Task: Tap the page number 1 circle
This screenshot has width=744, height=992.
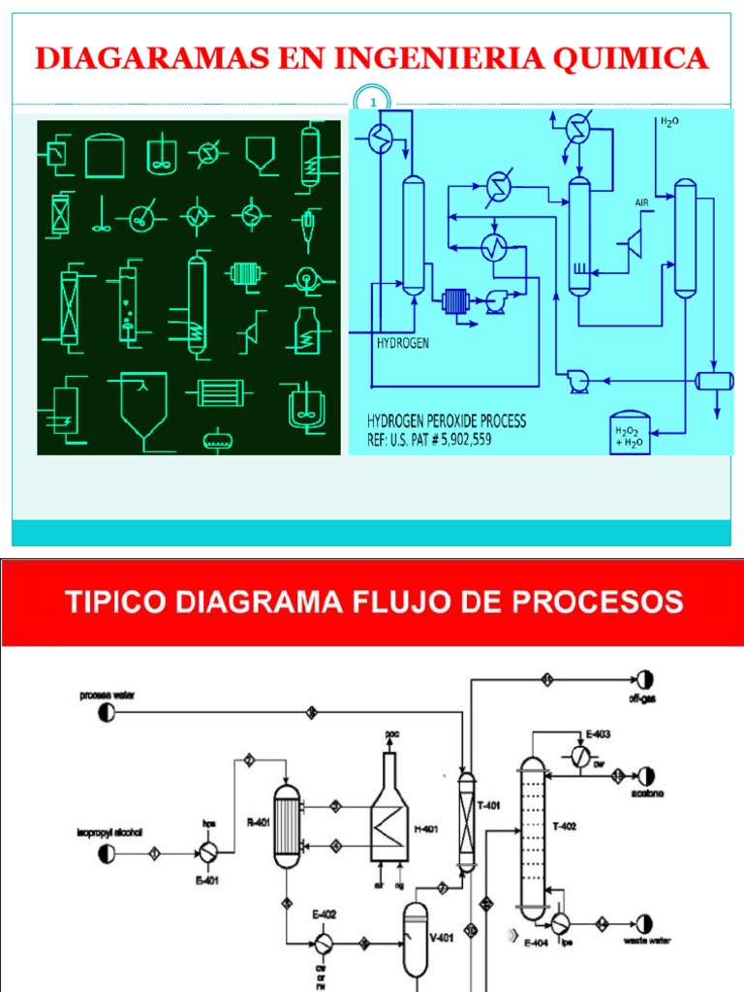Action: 374,102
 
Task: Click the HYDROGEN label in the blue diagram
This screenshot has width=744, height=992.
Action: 402,343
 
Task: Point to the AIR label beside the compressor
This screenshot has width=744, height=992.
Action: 641,202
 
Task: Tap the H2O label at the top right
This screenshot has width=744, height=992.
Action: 669,122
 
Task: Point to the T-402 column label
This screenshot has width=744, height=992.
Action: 564,825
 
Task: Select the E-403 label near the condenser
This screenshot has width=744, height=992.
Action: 598,733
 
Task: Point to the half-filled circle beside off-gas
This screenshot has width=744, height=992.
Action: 644,679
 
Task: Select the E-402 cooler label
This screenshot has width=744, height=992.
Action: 323,914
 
